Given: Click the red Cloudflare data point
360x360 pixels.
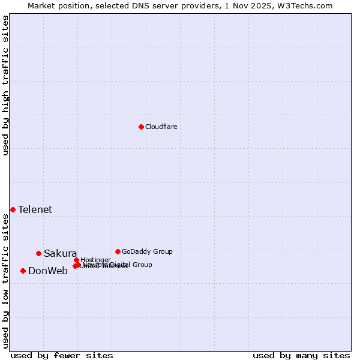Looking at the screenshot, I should coord(141,127).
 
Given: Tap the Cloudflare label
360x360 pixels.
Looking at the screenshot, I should coord(161,127).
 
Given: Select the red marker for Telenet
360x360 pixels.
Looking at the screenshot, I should coord(13,209).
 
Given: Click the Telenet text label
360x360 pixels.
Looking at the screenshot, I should coord(35,209).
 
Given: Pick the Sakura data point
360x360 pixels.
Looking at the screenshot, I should coord(38,253).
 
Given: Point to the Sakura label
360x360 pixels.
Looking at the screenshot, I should coord(60,253).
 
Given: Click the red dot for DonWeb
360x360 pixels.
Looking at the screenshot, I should coord(23,271).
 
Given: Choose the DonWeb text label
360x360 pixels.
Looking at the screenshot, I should coord(47,271).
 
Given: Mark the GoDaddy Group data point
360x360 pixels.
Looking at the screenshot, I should coord(118,251).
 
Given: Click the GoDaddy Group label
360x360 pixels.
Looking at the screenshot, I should coord(147,251).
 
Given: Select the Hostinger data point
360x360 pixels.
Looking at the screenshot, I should coord(76,260).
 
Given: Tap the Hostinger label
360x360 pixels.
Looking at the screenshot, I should coord(95,260).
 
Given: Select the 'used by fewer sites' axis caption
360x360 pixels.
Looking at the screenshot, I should coord(62,355).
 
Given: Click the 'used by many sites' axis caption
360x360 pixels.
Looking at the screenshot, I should coord(301,355).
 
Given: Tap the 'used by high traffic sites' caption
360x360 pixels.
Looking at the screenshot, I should coord(5,85).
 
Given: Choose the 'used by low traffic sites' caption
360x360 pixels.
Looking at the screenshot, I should coord(5,280).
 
